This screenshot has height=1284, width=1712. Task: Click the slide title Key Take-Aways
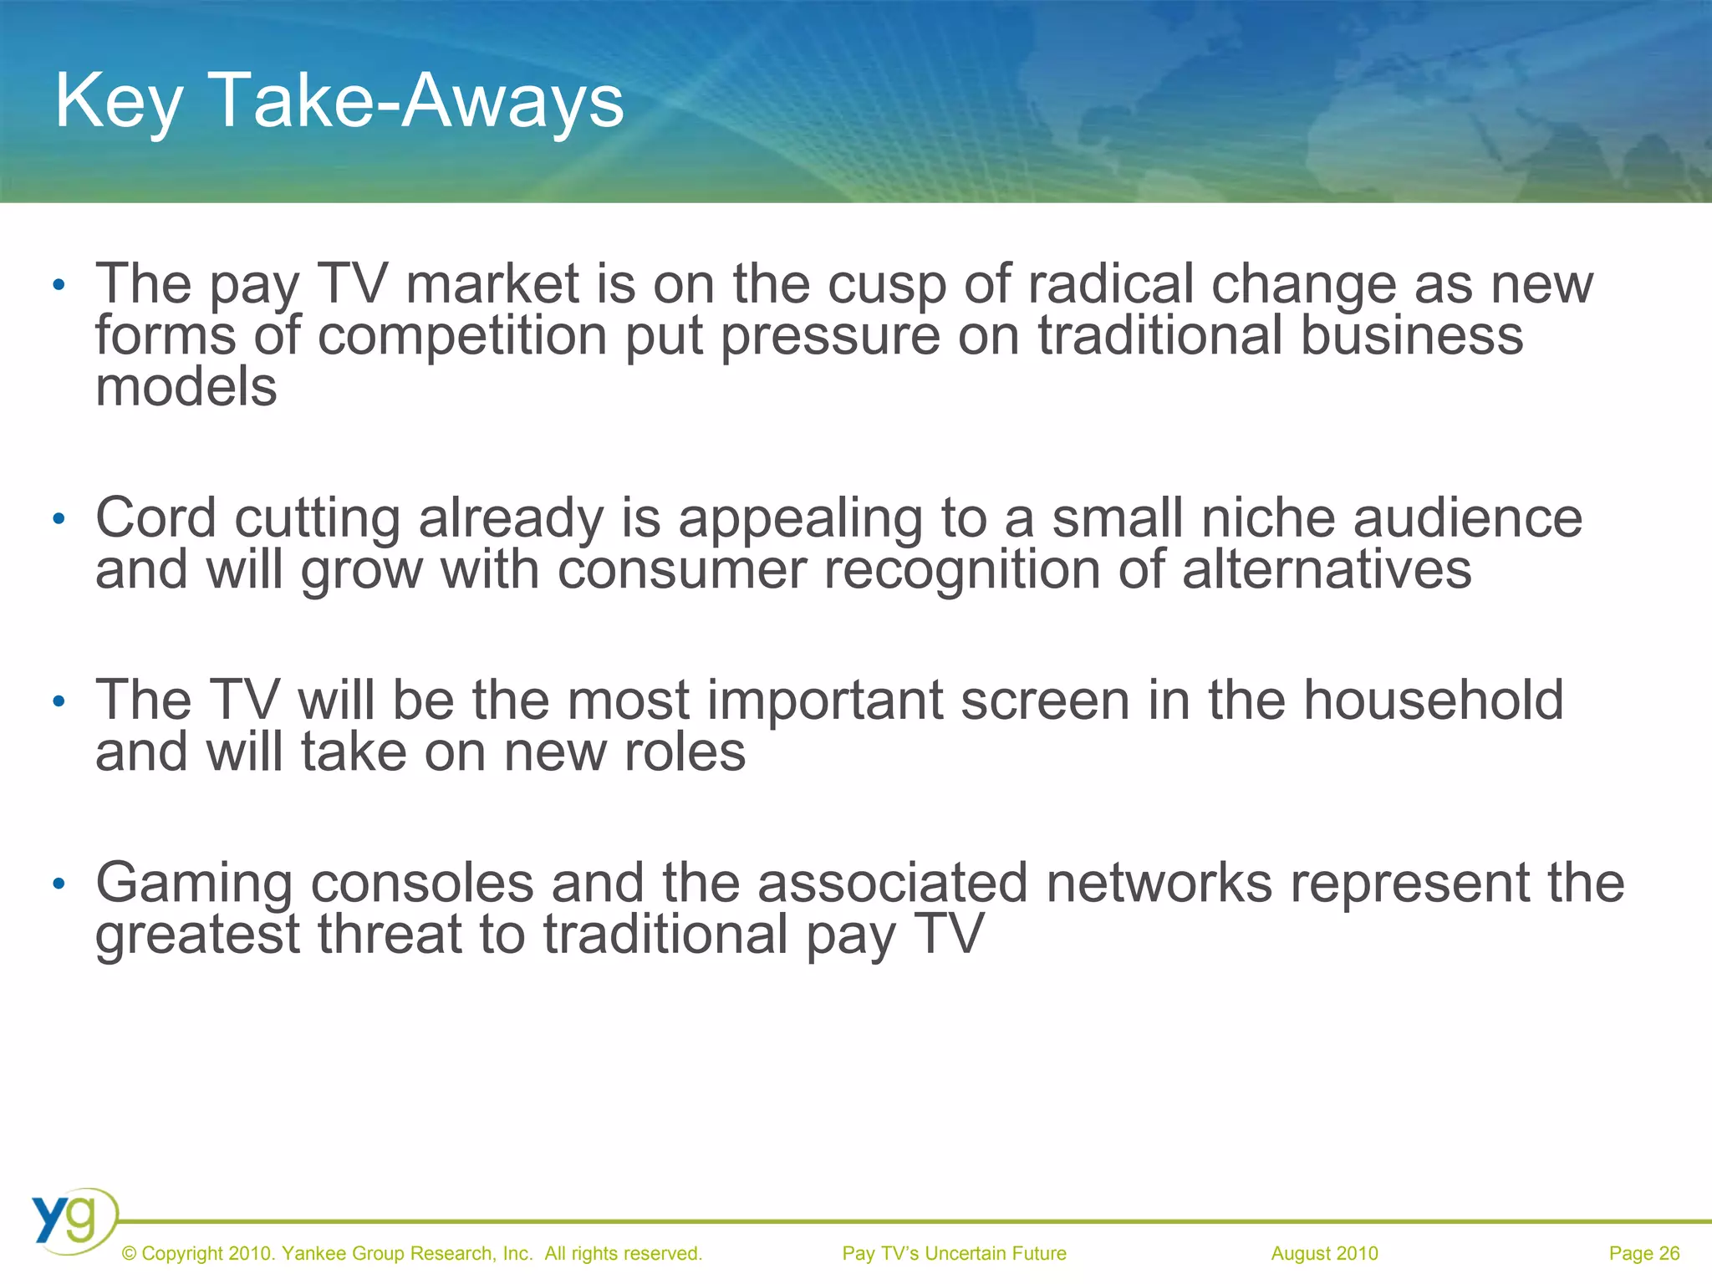pos(339,100)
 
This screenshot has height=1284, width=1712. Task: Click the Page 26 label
pos(1643,1253)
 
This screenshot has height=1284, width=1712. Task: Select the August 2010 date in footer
pos(1324,1253)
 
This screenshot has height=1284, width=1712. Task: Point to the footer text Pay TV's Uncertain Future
pos(954,1253)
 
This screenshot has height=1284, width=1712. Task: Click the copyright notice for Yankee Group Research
pos(411,1253)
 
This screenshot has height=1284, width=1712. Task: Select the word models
pos(186,388)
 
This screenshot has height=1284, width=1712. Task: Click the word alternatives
pos(1327,570)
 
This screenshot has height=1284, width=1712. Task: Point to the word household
pos(1434,701)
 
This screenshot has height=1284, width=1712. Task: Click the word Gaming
pos(194,884)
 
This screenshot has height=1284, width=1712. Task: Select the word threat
pos(390,935)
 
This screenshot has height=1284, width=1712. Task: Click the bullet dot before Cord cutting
pos(58,520)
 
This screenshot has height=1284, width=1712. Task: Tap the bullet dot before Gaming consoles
pos(58,884)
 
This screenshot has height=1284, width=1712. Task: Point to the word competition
pos(462,336)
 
